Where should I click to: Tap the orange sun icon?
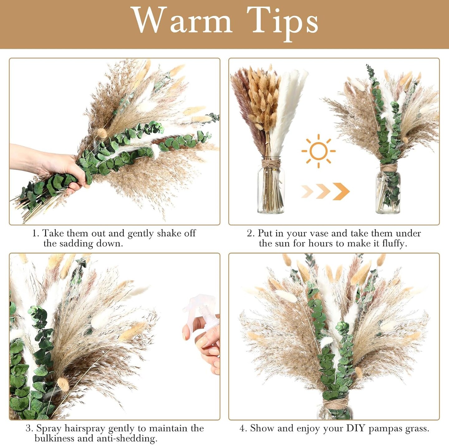318,151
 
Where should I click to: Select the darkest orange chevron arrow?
341,191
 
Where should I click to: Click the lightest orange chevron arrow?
307,191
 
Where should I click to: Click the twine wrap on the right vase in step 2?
388,169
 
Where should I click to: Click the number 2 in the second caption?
250,233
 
